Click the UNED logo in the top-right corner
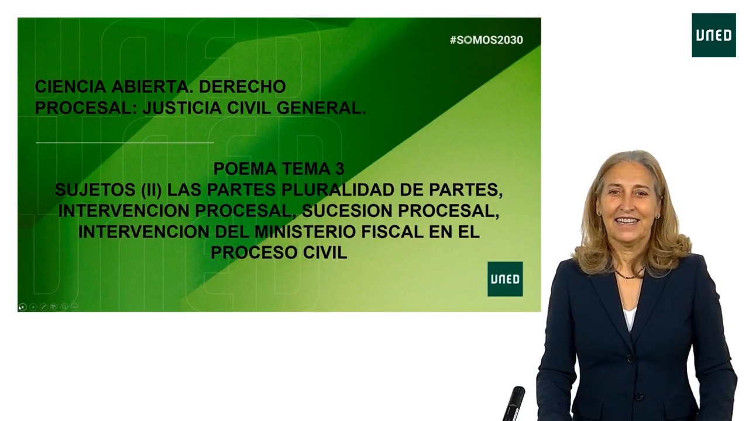[713, 35]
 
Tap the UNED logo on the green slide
[504, 279]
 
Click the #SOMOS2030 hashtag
[486, 40]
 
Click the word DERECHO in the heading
[242, 87]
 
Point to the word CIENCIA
[70, 87]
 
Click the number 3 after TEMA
[339, 168]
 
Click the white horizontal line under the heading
[125, 142]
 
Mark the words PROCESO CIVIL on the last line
[279, 253]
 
